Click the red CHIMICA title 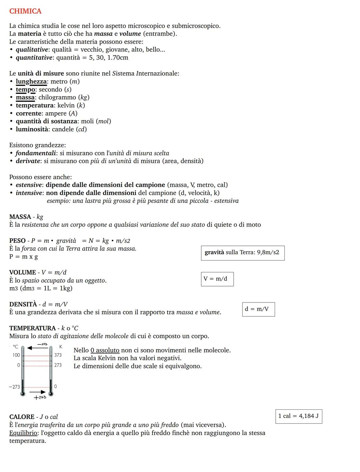pyautogui.click(x=25, y=11)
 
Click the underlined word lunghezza pyautogui.click(x=31, y=82)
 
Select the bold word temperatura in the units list pyautogui.click(x=34, y=106)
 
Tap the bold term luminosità pyautogui.click(x=32, y=129)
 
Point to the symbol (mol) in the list pyautogui.click(x=103, y=121)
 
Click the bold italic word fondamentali pyautogui.click(x=36, y=153)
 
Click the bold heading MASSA pyautogui.click(x=20, y=217)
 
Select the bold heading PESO pyautogui.click(x=17, y=241)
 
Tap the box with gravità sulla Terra pyautogui.click(x=242, y=253)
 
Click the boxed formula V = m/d pyautogui.click(x=217, y=279)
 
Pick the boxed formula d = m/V pyautogui.click(x=258, y=309)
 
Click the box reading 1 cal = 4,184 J pyautogui.click(x=299, y=416)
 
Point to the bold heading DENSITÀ pyautogui.click(x=23, y=304)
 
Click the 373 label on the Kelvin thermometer pyautogui.click(x=58, y=355)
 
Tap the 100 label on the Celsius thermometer pyautogui.click(x=16, y=355)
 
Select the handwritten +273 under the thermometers pyautogui.click(x=40, y=398)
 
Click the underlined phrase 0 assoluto pyautogui.click(x=105, y=350)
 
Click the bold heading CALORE pyautogui.click(x=22, y=417)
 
